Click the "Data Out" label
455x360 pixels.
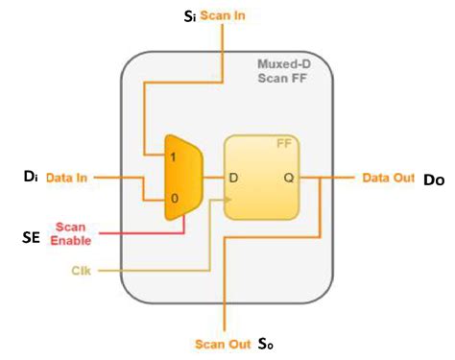click(388, 177)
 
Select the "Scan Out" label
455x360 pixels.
click(223, 343)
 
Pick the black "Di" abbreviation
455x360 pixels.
click(30, 177)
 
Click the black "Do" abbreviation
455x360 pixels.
click(434, 179)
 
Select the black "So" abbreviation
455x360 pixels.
click(267, 344)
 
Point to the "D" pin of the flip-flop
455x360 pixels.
click(233, 178)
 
